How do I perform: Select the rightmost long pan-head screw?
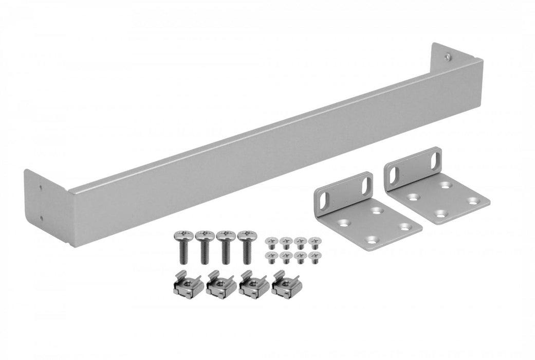click(246, 244)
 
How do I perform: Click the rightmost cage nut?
click(284, 284)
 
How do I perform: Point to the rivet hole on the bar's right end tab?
click(449, 56)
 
